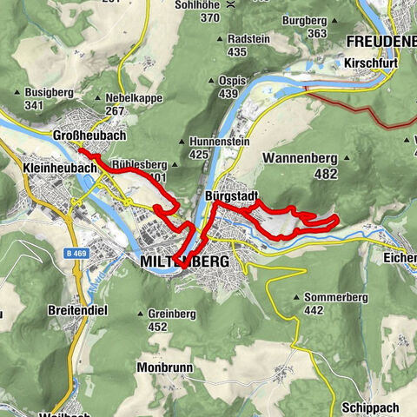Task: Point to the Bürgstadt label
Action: (x=229, y=197)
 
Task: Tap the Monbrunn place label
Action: (x=162, y=367)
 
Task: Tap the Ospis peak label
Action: (x=228, y=80)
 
